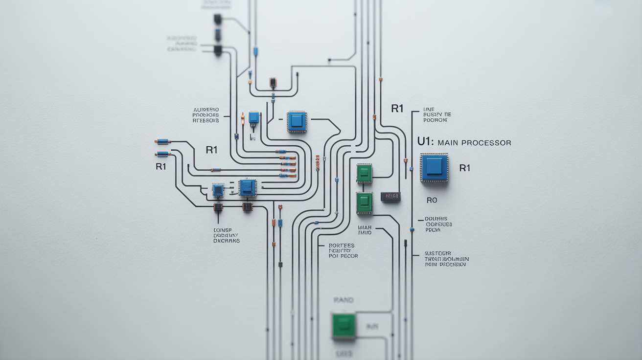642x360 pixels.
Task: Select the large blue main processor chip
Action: coord(434,167)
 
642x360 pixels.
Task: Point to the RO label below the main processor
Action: coord(432,200)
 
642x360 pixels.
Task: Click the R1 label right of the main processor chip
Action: coord(465,168)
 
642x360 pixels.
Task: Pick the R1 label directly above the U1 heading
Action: coord(397,109)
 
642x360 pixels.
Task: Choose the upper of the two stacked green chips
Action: coord(364,173)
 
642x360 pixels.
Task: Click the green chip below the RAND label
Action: coord(344,325)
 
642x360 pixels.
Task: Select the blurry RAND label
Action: coord(343,300)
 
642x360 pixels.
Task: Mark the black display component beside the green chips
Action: coord(390,197)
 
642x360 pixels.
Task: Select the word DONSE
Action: coord(223,230)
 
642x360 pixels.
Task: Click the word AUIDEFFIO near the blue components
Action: coord(206,110)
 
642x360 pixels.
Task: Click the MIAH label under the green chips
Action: coord(365,227)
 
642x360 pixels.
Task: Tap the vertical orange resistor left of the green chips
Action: coord(318,162)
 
